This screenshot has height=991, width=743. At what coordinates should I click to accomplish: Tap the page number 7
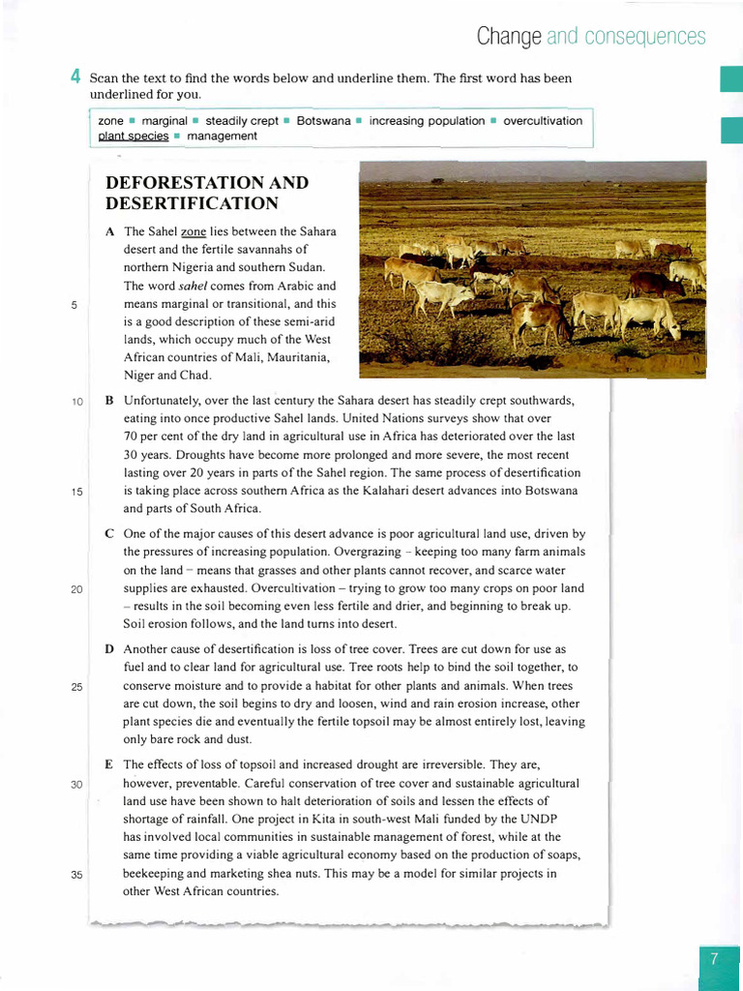click(714, 959)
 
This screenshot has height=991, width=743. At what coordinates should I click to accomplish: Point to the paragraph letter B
click(109, 400)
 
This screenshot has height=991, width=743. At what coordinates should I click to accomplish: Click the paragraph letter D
click(109, 648)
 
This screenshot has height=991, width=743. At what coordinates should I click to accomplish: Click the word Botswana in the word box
click(323, 121)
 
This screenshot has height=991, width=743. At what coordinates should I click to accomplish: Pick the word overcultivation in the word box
click(543, 121)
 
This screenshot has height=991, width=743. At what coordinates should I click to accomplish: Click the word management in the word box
click(222, 136)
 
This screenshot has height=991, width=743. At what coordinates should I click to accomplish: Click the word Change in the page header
click(508, 37)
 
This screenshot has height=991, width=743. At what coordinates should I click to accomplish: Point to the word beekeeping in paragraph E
click(159, 874)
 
